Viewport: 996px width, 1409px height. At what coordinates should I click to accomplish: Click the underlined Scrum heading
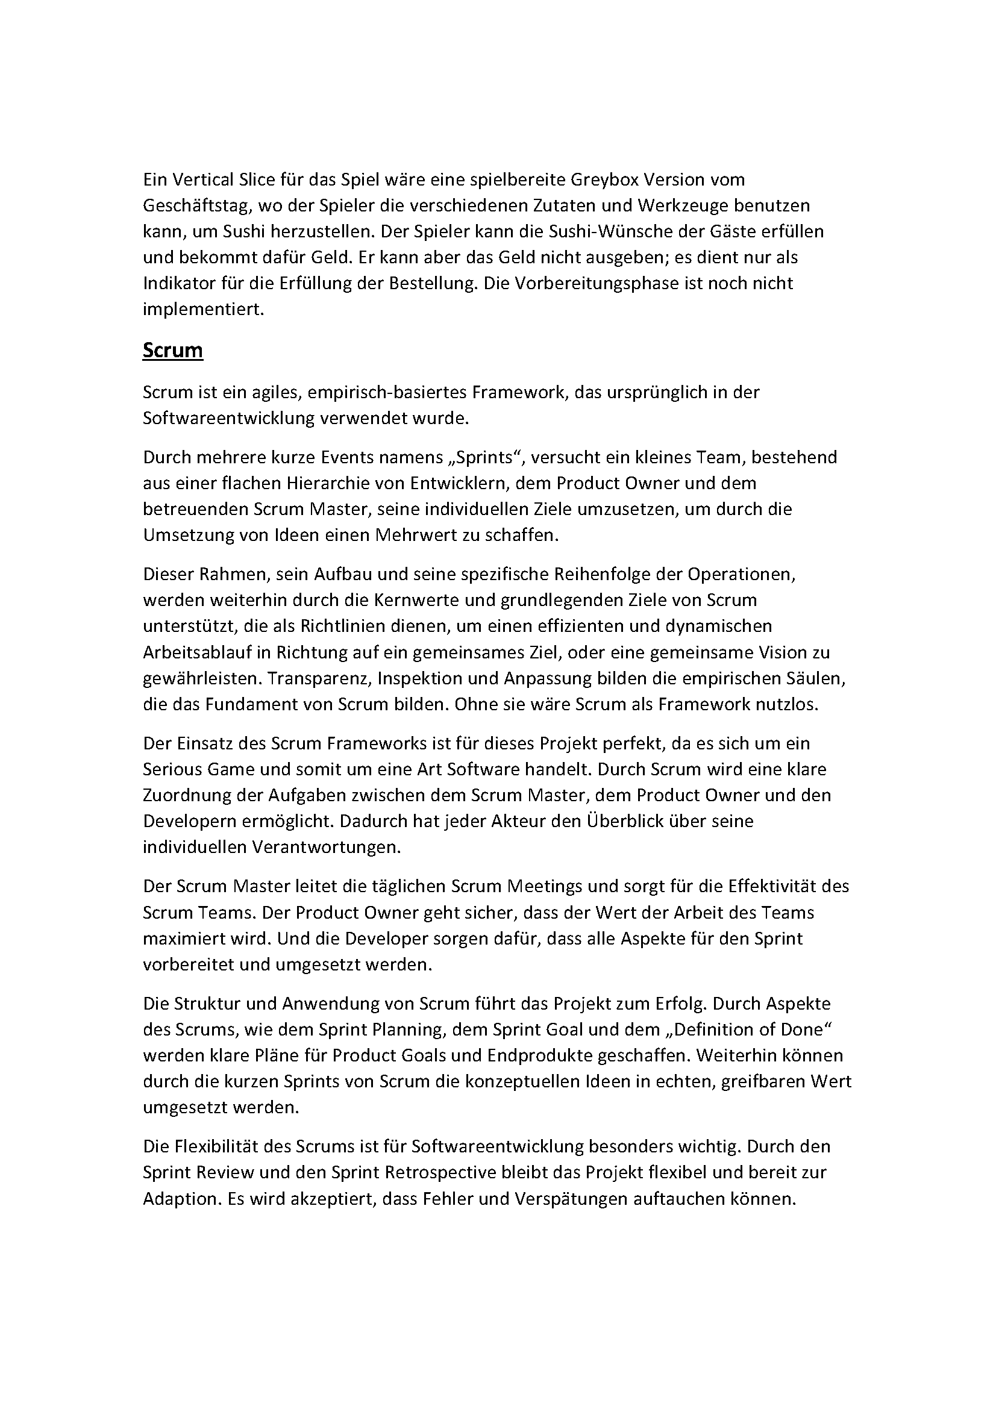pos(172,350)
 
